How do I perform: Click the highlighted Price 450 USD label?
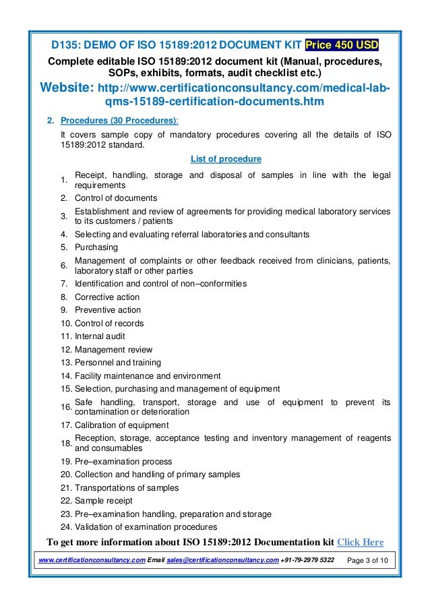point(342,45)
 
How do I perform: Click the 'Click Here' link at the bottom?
point(360,542)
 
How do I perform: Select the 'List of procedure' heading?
point(226,159)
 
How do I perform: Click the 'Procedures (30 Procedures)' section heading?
point(119,121)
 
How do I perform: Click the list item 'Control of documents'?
point(116,198)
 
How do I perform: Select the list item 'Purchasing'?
point(96,247)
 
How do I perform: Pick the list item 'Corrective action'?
point(107,297)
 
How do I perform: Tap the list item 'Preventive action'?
point(108,310)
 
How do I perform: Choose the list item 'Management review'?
point(113,350)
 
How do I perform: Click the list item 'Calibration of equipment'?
point(121,425)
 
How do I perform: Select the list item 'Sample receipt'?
point(103,501)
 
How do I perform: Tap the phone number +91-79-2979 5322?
point(307,561)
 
